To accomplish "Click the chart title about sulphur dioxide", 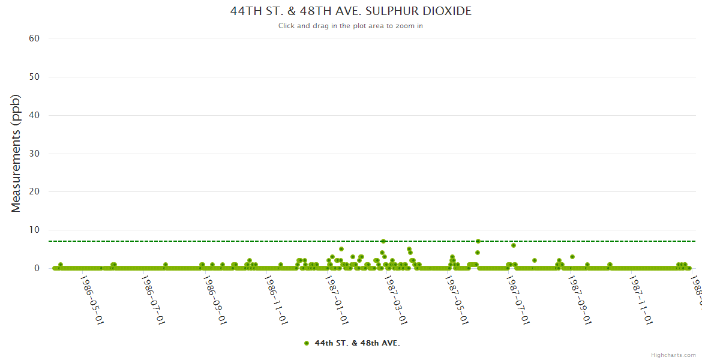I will [351, 11].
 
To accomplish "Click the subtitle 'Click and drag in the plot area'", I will [351, 26].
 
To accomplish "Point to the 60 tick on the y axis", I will [34, 38].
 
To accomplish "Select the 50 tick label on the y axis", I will [34, 77].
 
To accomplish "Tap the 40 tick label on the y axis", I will [34, 115].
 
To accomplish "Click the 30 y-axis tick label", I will [34, 154].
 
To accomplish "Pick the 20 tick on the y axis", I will [34, 192].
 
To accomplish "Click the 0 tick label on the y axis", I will [37, 269].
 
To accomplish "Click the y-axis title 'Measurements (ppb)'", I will [16, 154].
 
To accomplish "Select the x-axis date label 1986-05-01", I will [92, 292].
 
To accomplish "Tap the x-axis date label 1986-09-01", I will [214, 292].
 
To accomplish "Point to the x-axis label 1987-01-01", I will [336, 292].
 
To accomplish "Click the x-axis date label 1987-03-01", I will [395, 292].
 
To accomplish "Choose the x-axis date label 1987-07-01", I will [518, 292].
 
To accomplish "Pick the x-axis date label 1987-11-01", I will [641, 292].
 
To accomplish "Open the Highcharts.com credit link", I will [674, 355].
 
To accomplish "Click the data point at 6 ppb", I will [514, 245].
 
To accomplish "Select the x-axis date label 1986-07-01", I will [153, 292].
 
